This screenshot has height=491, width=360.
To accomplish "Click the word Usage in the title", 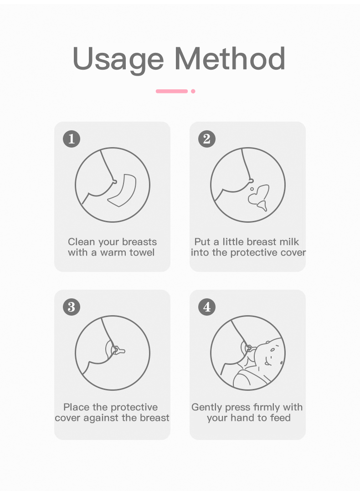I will [x=118, y=59].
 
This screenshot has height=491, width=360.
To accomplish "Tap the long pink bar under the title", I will [x=171, y=91].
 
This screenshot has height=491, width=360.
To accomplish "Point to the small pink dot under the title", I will [x=193, y=91].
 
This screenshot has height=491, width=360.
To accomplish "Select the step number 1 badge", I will [x=71, y=138].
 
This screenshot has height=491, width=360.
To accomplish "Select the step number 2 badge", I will [x=206, y=138].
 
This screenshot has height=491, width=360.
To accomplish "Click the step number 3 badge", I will [x=71, y=307].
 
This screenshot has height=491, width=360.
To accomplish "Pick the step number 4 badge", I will [x=206, y=307].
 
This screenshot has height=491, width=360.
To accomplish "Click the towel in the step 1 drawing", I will [x=122, y=191].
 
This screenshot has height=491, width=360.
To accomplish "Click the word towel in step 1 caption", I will [x=141, y=252].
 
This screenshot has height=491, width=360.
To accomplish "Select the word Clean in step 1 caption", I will [x=82, y=242].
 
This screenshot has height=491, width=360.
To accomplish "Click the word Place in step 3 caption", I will [x=77, y=407].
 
